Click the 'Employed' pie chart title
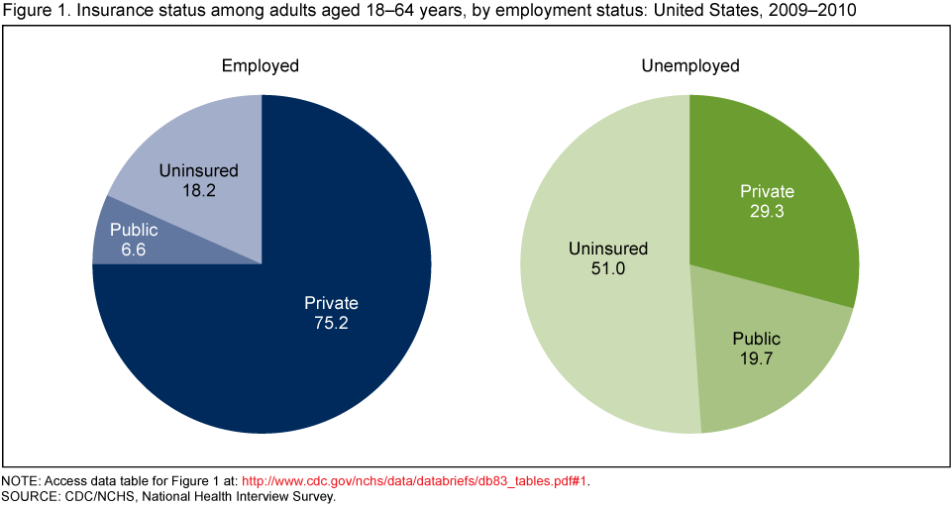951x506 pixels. (260, 66)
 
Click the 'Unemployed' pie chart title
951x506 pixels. (689, 66)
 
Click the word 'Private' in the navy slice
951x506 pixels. (331, 303)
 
